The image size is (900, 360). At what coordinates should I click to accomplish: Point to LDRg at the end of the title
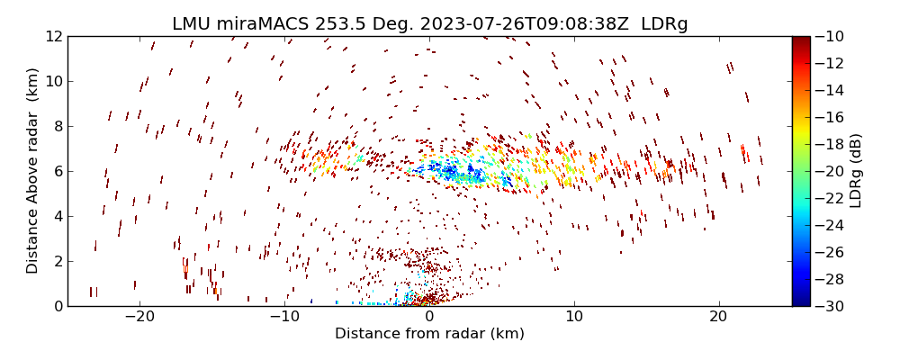664,24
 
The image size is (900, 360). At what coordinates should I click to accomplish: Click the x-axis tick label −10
283,318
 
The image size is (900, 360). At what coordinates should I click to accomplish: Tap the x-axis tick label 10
574,318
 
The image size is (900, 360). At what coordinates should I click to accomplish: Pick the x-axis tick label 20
718,318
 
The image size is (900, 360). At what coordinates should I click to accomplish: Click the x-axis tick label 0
429,318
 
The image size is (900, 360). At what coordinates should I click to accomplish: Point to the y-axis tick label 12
53,36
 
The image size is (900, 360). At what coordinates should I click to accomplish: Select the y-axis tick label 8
57,126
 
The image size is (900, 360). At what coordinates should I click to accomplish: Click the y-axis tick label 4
57,216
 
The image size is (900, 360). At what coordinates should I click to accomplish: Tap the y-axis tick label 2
57,261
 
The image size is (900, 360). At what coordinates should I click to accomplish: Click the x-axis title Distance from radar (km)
429,334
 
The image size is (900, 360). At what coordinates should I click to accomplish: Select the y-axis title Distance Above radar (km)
33,171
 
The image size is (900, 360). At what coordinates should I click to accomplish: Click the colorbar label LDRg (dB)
856,171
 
